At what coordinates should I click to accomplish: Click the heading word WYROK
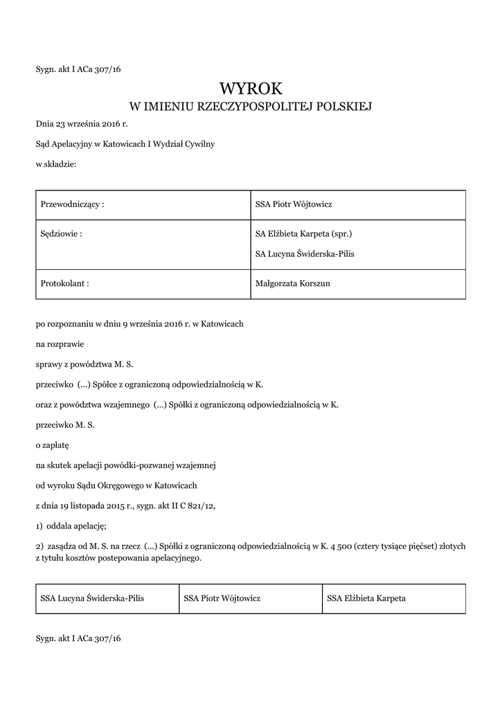point(251,88)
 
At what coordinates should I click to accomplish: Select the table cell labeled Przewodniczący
point(73,205)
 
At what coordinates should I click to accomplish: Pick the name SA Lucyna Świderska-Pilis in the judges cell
point(305,254)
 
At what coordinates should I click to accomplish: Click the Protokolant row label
point(65,283)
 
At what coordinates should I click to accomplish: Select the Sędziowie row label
point(62,233)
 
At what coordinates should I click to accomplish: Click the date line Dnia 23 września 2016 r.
point(82,125)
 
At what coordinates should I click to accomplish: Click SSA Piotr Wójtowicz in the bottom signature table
point(222,598)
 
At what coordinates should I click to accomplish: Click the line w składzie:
point(57,164)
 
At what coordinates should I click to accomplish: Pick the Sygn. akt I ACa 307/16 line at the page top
point(78,69)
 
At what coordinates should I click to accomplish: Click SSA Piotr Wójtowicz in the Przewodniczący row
point(294,205)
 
